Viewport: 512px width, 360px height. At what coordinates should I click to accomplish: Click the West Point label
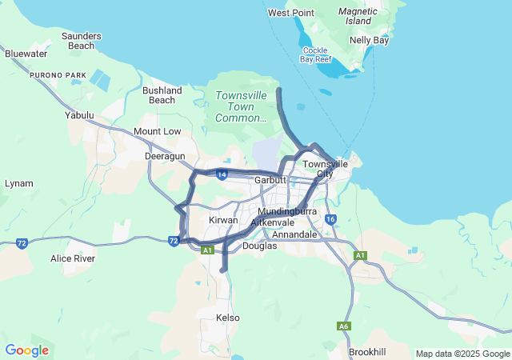coord(290,13)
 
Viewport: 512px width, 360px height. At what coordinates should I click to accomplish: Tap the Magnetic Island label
coord(358,16)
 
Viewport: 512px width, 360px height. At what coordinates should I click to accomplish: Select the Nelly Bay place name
coord(369,39)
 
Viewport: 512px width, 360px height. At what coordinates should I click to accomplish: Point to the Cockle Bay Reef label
coord(315,54)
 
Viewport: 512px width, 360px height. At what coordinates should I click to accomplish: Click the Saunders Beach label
coord(81,41)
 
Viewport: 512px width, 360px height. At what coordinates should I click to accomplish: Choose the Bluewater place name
coord(26,54)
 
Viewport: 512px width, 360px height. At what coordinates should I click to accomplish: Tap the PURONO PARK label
coord(58,75)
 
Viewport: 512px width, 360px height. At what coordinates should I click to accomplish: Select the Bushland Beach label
coord(162,95)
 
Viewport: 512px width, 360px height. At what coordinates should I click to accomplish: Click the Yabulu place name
coord(79,115)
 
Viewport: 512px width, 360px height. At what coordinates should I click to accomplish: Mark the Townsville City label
coord(325,169)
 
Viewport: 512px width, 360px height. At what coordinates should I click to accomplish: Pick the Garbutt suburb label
coord(270,180)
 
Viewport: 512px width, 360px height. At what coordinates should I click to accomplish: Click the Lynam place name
coord(19,183)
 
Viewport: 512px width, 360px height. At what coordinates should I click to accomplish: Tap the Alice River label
coord(73,258)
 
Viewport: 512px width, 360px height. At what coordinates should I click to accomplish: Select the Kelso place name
coord(228,318)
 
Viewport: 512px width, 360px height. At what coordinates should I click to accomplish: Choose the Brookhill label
coord(367,352)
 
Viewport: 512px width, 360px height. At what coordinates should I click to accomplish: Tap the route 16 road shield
coord(330,219)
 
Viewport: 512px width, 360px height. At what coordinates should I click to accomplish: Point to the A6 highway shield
coord(343,326)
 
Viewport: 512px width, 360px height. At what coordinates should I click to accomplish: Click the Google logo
coord(26,350)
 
